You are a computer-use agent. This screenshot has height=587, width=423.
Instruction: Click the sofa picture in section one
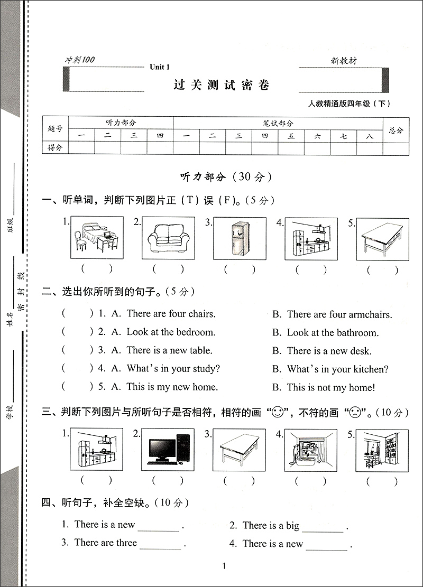168,239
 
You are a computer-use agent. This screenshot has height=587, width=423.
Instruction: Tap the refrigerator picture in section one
240,239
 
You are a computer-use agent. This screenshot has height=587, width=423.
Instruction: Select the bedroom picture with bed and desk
96,239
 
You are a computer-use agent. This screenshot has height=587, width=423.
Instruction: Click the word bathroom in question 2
355,333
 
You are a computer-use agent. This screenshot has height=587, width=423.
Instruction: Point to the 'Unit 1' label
159,67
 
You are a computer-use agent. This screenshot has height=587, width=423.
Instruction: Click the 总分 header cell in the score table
396,130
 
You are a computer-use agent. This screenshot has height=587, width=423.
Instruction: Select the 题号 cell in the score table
55,129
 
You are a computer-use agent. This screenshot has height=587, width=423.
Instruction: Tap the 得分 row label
55,148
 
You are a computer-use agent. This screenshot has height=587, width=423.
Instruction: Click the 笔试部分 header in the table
278,123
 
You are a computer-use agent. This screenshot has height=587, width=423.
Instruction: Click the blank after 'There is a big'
323,527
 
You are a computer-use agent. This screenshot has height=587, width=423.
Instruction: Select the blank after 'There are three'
160,544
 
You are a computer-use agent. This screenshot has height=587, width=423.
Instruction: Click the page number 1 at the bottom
224,566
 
